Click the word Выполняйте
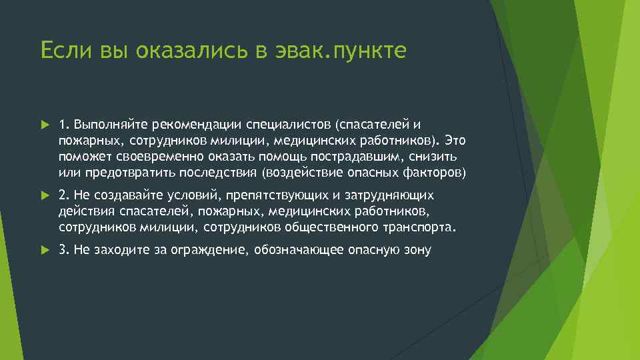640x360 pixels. (x=111, y=125)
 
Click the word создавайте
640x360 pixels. (x=127, y=195)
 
